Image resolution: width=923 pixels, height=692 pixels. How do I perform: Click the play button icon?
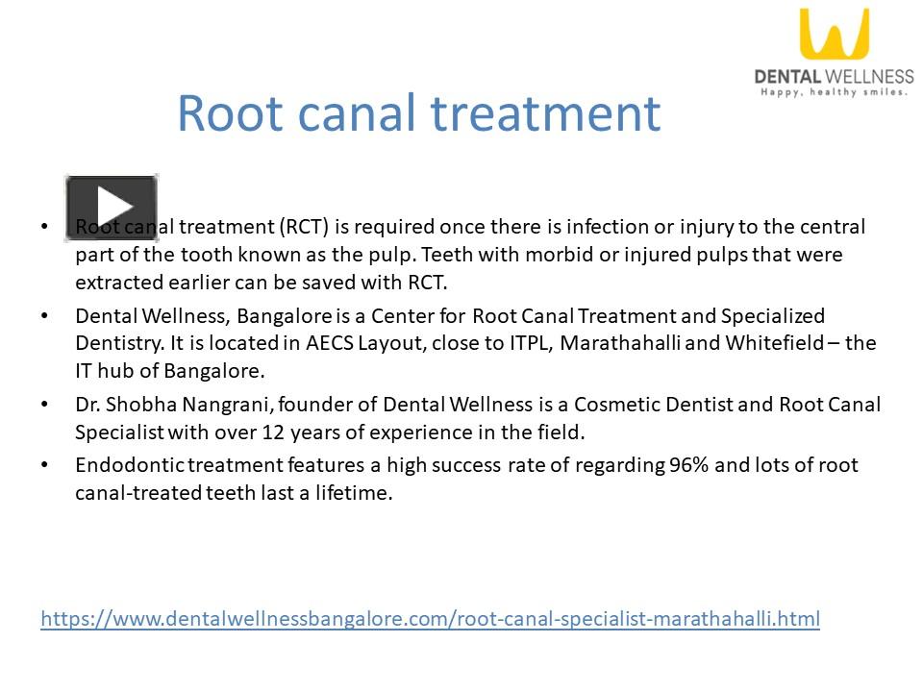click(x=112, y=207)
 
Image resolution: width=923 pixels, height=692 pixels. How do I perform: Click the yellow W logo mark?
click(x=834, y=36)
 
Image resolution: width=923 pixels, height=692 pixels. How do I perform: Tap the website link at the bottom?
click(x=430, y=618)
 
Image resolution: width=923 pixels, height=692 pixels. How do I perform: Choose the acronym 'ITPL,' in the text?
click(x=532, y=343)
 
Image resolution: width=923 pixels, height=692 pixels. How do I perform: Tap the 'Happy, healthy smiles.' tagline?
click(x=835, y=92)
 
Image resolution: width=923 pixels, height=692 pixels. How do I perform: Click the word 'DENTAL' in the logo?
click(x=786, y=76)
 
